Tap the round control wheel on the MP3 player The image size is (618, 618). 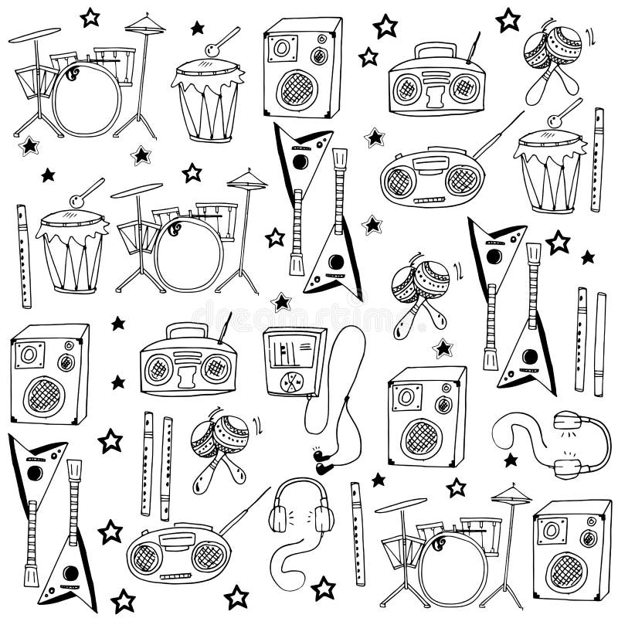pyautogui.click(x=293, y=382)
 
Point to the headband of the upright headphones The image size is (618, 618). pyautogui.click(x=301, y=485)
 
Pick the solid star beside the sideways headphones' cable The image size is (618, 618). pyautogui.click(x=511, y=460)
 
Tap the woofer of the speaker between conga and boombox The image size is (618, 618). pyautogui.click(x=298, y=90)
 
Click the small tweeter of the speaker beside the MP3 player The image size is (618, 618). pyautogui.click(x=443, y=404)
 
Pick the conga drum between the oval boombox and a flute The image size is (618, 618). pyautogui.click(x=550, y=171)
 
